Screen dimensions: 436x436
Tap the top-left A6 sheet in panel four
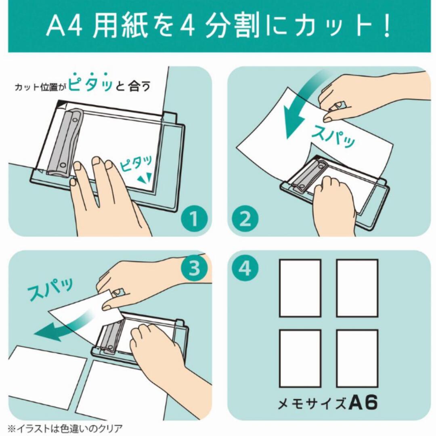coord(300,288)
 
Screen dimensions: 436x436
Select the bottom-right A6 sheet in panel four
coord(357,358)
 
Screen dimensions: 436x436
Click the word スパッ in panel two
coord(333,136)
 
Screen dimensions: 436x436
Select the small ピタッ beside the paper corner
coord(136,164)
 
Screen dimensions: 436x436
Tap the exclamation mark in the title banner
coord(385,26)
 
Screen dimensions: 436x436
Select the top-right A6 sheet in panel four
coord(357,288)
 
